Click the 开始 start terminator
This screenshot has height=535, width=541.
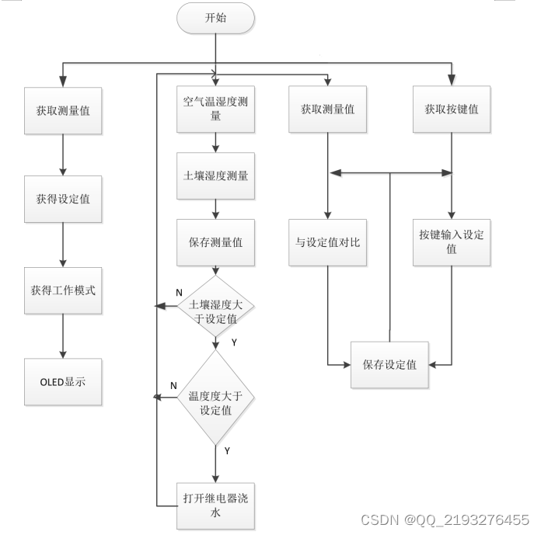215,19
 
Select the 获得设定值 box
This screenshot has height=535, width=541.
62,199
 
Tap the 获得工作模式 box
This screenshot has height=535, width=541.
62,290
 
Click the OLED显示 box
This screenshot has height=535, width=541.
62,381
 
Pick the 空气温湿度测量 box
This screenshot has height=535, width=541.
215,109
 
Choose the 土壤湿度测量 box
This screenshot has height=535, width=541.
215,175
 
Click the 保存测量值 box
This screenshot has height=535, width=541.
215,241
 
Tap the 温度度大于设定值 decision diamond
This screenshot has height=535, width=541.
215,398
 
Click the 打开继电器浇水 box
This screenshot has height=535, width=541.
215,505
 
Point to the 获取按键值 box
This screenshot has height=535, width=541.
451,109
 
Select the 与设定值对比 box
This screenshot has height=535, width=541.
327,241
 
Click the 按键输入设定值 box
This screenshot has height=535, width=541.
451,241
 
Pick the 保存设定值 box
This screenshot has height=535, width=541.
389,363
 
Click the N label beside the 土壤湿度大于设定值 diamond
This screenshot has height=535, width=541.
179,293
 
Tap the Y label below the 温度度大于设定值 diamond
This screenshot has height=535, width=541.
227,450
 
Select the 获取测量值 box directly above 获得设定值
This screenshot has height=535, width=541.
62,109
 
